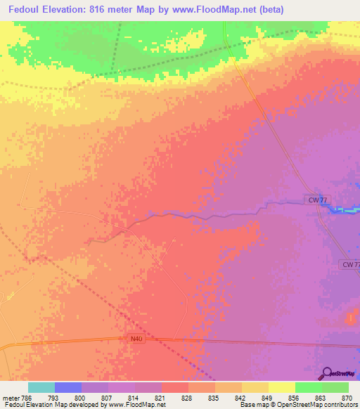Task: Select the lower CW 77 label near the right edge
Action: tap(349, 264)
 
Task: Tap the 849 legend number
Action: tap(268, 397)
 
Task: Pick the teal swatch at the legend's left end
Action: tap(41, 387)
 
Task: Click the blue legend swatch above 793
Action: tap(68, 387)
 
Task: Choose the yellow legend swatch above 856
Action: tap(281, 387)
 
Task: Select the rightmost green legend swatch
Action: tap(335, 387)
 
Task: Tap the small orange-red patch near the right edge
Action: tap(352, 319)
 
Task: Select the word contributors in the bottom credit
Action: tap(340, 405)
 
